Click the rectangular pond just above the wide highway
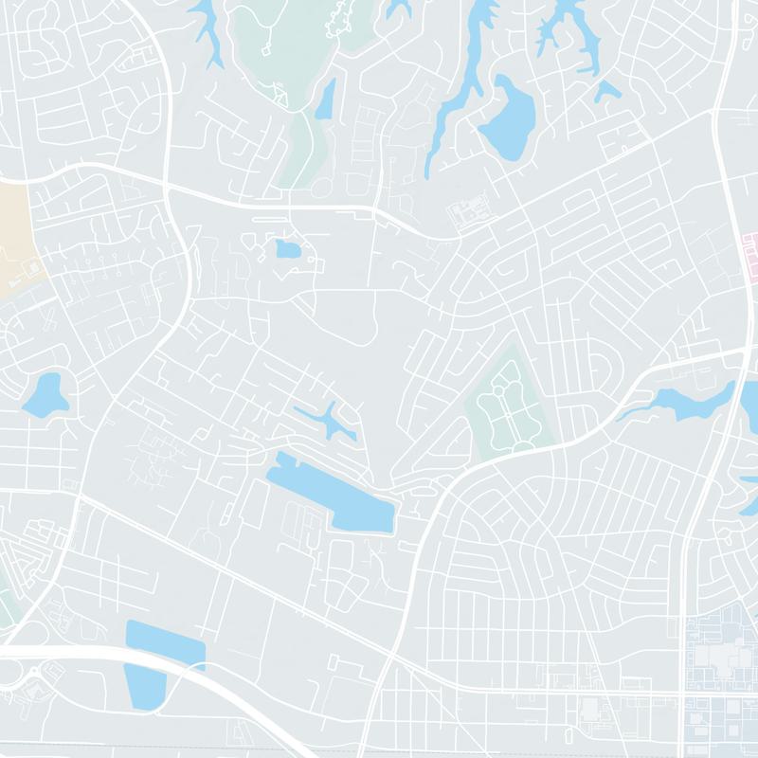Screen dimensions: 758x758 (165, 644)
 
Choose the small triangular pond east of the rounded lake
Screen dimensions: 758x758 (607, 91)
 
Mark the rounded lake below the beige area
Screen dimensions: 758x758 (45, 395)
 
